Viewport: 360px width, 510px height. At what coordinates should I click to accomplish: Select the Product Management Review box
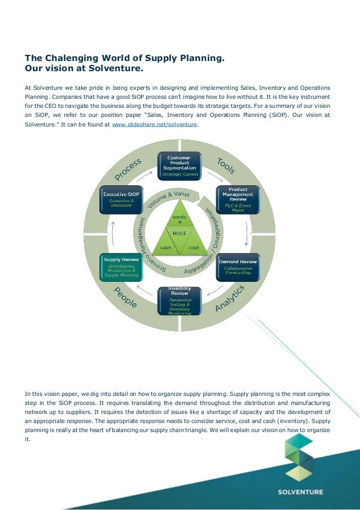[x=238, y=199]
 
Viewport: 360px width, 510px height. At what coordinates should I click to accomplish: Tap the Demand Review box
[x=238, y=267]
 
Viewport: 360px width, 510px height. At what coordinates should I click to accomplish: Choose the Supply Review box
[x=121, y=267]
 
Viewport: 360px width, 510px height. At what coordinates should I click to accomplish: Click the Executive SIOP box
[x=121, y=199]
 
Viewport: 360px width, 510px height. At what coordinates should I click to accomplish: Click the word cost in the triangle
[x=193, y=247]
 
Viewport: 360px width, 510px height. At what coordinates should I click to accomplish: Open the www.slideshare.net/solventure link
[x=169, y=124]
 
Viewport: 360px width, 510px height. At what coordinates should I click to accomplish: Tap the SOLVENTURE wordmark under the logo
[x=301, y=491]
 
